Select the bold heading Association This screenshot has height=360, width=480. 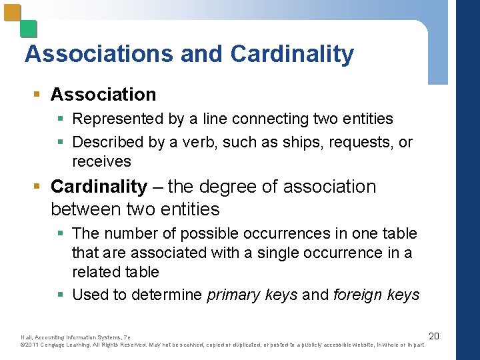(x=103, y=95)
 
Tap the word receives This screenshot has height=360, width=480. (x=101, y=162)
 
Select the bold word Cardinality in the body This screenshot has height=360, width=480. (x=99, y=187)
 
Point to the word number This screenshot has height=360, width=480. (x=130, y=234)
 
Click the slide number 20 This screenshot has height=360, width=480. (x=433, y=335)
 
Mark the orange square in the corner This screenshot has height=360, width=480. (x=12, y=13)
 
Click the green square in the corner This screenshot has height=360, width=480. (x=29, y=29)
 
